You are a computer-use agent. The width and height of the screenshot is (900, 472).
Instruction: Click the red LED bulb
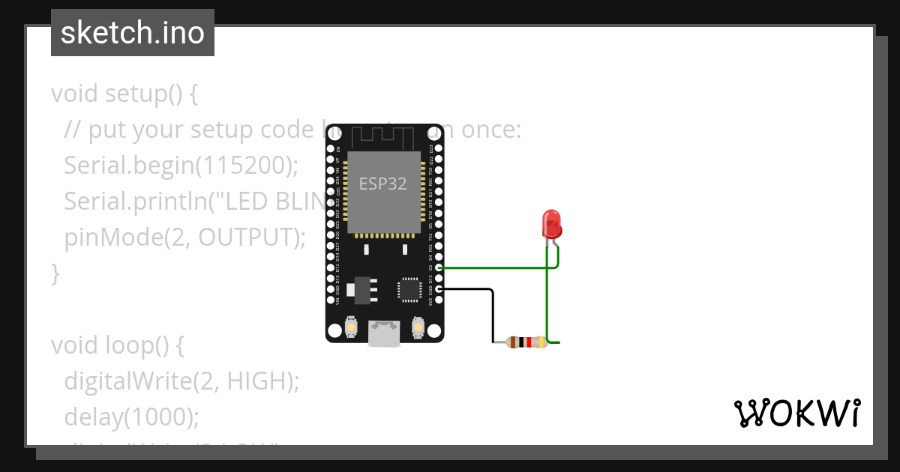tap(552, 223)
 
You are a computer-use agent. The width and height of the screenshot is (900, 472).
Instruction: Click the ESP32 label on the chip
tap(382, 184)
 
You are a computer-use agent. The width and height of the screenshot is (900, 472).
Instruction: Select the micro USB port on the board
tap(383, 334)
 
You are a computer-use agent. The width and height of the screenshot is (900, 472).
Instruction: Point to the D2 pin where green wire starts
tap(439, 267)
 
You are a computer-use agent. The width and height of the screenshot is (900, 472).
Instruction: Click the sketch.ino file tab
tap(133, 34)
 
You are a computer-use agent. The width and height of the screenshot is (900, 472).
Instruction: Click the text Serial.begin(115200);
tap(181, 166)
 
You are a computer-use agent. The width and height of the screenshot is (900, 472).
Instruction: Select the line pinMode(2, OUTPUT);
tap(185, 237)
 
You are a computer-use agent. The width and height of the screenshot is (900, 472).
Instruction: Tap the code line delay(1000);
tap(131, 417)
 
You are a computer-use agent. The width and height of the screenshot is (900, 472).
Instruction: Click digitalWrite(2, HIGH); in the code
tap(181, 381)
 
